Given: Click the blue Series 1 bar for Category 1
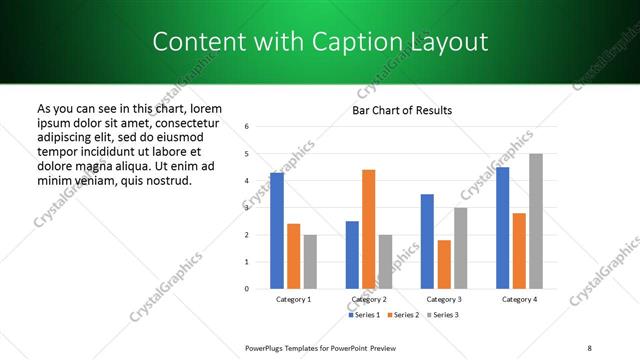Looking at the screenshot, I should pos(277,231).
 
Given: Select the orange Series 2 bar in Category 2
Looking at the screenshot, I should pos(368,229).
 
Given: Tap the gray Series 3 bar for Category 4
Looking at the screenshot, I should pos(536,221).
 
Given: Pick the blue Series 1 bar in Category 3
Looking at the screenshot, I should pos(427,241).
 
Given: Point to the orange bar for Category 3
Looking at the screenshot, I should pos(444,264).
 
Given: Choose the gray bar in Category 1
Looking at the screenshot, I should pos(310,261).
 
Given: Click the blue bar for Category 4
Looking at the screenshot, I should pos(502,228).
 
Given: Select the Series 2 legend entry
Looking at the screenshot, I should pos(404,315).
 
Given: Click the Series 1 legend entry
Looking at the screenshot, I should pos(364,315).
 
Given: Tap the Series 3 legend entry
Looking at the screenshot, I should pos(444,315).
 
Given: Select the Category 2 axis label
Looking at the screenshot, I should pos(368,299).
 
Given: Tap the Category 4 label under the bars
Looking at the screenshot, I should pos(519,299).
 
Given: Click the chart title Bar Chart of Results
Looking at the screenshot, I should pos(402,110).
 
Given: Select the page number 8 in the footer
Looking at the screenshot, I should pos(588,347).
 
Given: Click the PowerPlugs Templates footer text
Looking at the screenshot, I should pos(321,347).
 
